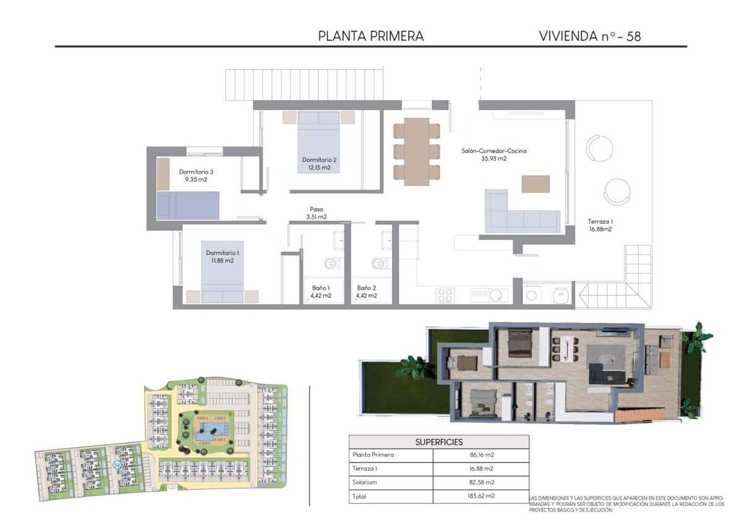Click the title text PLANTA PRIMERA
coord(371,36)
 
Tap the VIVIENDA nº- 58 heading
coord(590,36)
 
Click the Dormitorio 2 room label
coord(319,160)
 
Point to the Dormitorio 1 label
coord(223,252)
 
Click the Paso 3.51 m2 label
coord(316,213)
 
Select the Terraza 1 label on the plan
coord(600,224)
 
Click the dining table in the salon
coord(417,152)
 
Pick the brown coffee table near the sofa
coord(535,184)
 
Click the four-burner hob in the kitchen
coord(445,295)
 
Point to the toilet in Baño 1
coord(332,263)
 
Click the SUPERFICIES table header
coord(439,442)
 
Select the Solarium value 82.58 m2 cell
coord(481,482)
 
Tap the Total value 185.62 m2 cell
coord(481,496)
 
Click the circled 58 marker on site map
coord(117,464)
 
